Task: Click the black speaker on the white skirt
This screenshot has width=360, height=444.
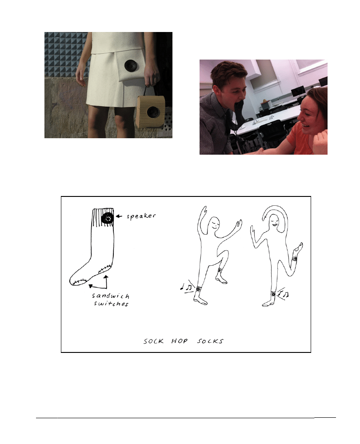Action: [131, 66]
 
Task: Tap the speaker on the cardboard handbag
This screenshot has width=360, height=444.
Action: [153, 113]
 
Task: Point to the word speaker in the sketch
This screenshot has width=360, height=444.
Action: [141, 216]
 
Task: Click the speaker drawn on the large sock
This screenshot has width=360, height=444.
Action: [108, 218]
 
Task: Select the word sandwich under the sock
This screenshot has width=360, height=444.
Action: [111, 296]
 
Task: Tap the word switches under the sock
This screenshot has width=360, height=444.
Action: [111, 304]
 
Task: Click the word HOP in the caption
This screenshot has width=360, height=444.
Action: [179, 341]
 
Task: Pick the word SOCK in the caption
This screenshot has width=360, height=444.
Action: [153, 341]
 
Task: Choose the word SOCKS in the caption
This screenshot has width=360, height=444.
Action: [210, 341]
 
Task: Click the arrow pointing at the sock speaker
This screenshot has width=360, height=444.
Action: [119, 216]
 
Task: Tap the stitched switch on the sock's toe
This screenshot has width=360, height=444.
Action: [79, 282]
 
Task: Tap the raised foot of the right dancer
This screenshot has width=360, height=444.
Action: [298, 248]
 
